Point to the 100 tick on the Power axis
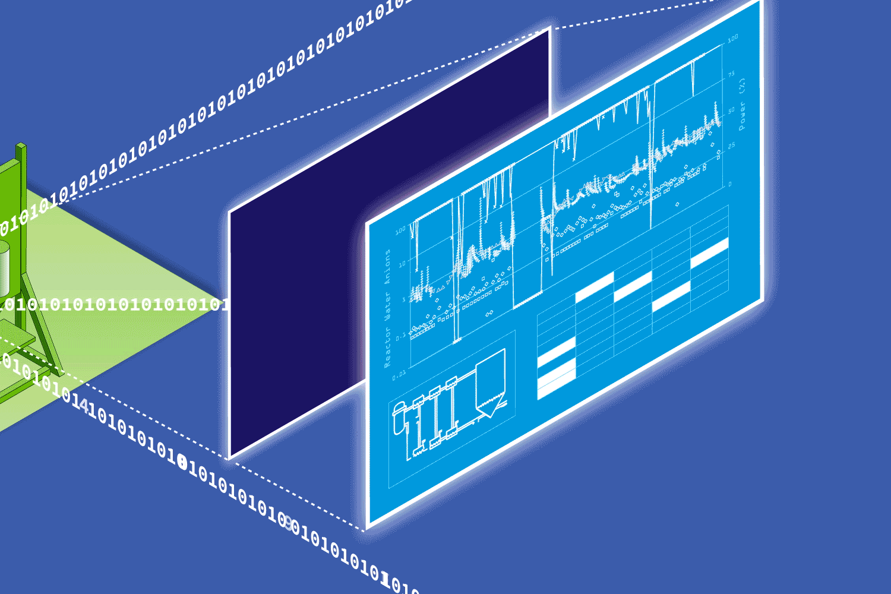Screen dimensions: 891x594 tap(733, 38)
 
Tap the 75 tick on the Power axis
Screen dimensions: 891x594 tap(732, 74)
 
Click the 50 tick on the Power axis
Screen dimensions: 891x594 tap(732, 110)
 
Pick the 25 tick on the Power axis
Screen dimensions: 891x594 tap(732, 146)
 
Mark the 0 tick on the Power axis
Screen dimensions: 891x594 tap(731, 184)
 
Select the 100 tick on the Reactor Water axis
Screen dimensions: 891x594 tap(400, 230)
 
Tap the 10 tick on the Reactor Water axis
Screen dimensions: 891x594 tap(402, 264)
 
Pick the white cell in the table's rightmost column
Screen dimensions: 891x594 tap(709, 252)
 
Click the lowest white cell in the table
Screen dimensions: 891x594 tap(556, 385)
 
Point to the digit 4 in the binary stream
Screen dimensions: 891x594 tap(85, 406)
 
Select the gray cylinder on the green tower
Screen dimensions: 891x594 tap(4, 267)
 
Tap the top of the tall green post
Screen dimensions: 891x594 tap(21, 146)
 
